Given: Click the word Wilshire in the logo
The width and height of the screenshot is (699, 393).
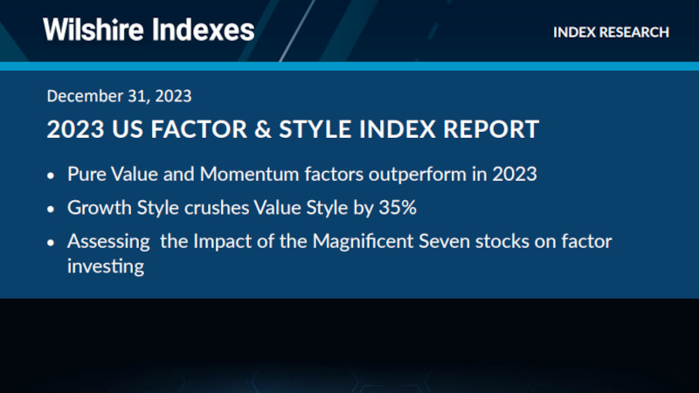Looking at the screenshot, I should pyautogui.click(x=93, y=30).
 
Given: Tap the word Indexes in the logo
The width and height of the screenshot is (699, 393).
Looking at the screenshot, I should pyautogui.click(x=204, y=30).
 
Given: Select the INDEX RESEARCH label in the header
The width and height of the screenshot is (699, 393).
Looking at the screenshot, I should pyautogui.click(x=611, y=32).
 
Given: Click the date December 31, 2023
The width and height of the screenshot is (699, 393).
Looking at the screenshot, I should pyautogui.click(x=119, y=95).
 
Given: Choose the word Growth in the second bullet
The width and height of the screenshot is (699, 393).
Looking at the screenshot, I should pyautogui.click(x=94, y=208).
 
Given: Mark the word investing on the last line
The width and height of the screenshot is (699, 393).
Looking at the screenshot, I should pyautogui.click(x=105, y=266).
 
